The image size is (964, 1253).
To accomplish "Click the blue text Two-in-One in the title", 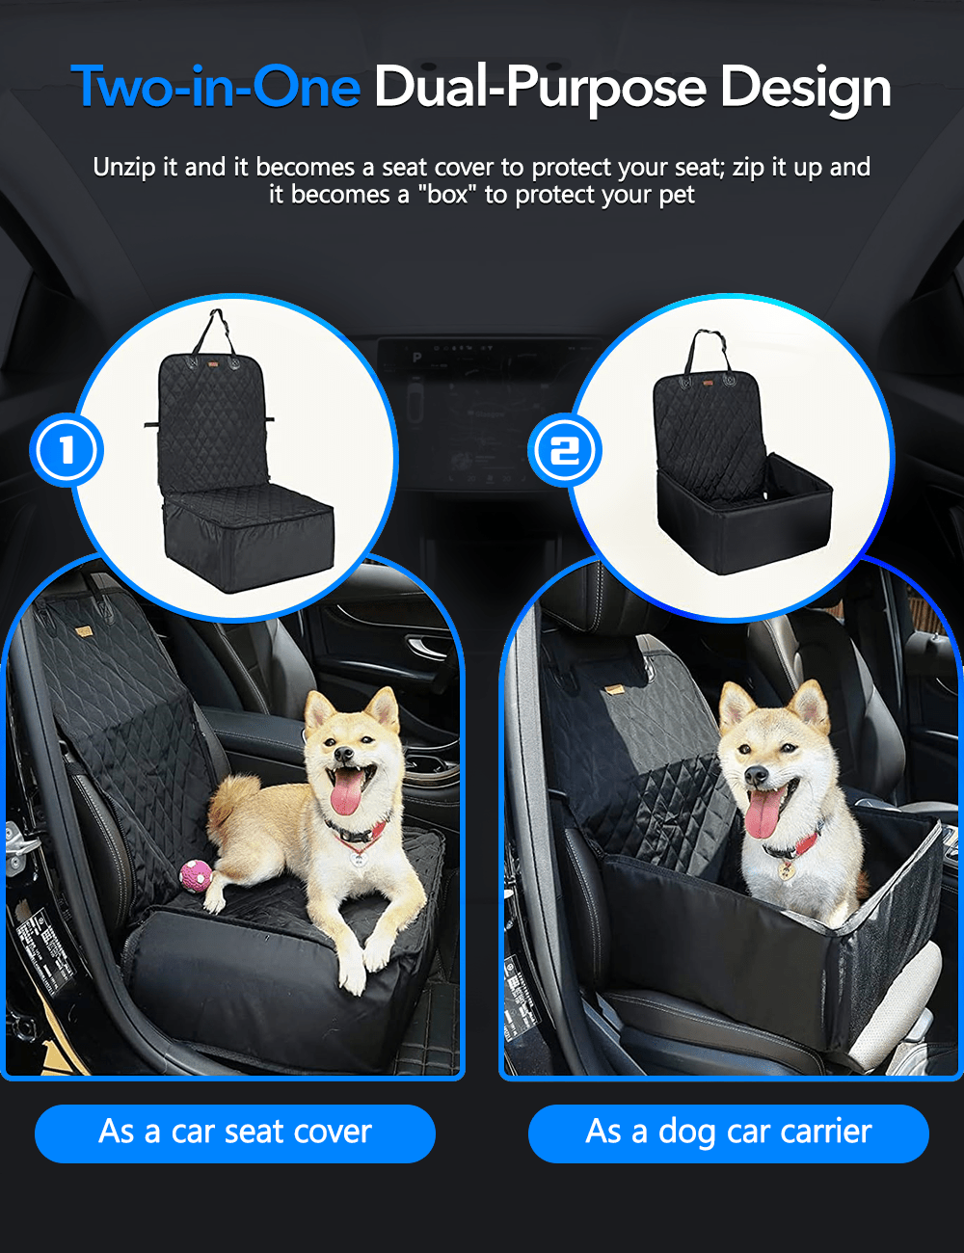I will pos(216,87).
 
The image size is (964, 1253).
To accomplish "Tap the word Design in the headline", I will pos(805,87).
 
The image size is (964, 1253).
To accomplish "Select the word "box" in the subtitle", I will pos(447,195).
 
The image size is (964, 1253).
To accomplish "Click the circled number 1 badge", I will pos(67,450).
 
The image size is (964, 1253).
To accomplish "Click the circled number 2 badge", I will pos(565,450).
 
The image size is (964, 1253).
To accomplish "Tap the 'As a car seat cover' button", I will pos(235,1133).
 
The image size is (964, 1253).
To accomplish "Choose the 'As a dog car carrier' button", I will pos(729,1133).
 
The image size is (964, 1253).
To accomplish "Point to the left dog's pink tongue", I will pos(347,792).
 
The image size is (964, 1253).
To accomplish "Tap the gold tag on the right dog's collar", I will pos(786,869).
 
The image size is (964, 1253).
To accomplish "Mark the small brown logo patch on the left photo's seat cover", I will pos(84,633).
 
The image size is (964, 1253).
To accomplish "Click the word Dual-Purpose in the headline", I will pos(540,87).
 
